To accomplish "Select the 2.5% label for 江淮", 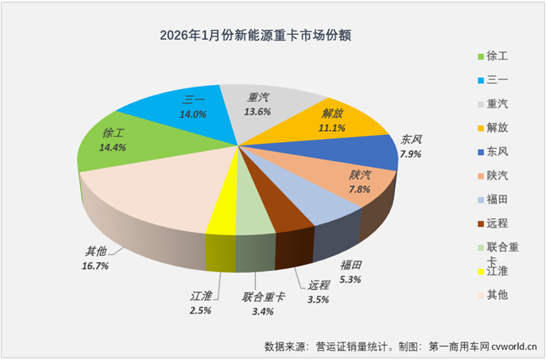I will pyautogui.click(x=200, y=310).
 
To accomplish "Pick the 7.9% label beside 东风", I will pyautogui.click(x=411, y=156).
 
